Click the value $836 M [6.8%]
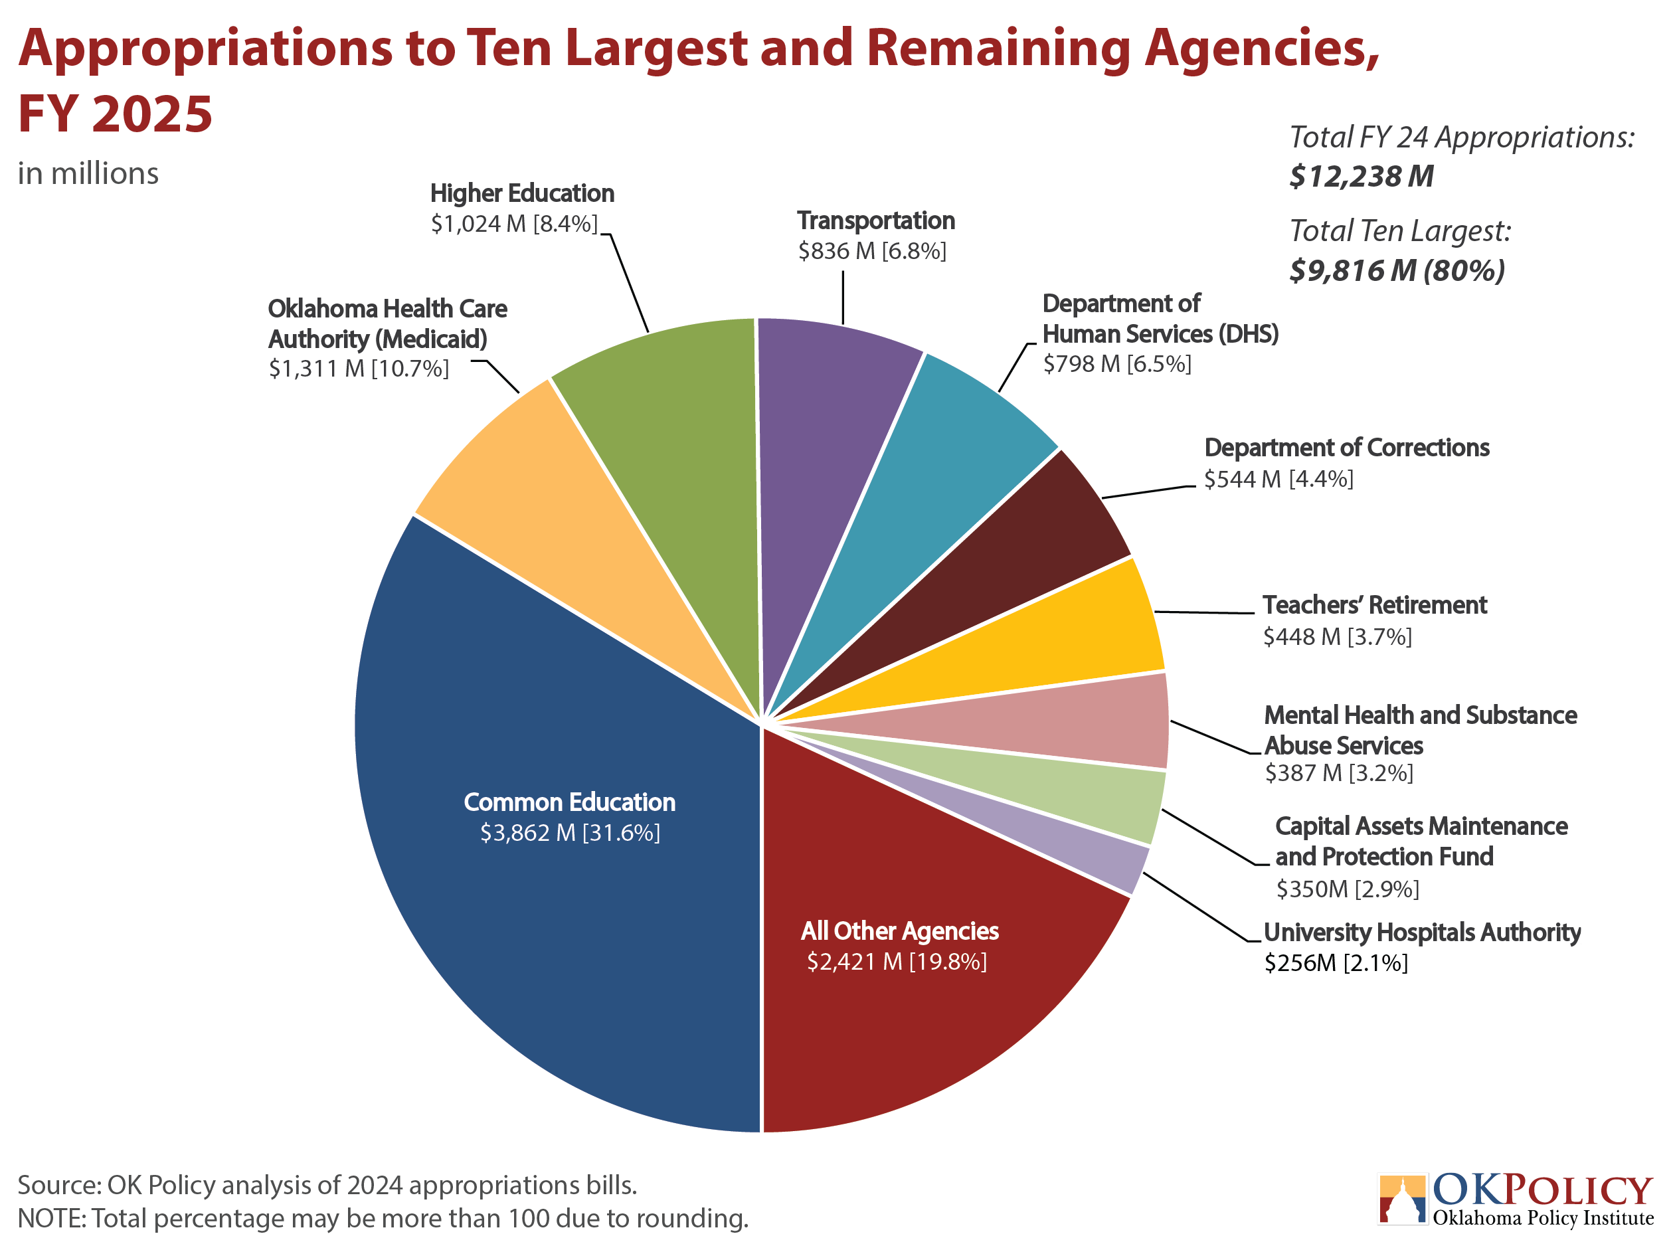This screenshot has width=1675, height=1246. [872, 251]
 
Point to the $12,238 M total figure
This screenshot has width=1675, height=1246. [1362, 177]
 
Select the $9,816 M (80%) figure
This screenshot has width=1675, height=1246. [1397, 270]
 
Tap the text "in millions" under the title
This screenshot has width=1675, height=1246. [88, 173]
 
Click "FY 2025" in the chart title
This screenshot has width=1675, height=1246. [116, 114]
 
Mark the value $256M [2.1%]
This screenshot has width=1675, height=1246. [1336, 963]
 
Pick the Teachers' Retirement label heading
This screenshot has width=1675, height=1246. [1375, 605]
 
